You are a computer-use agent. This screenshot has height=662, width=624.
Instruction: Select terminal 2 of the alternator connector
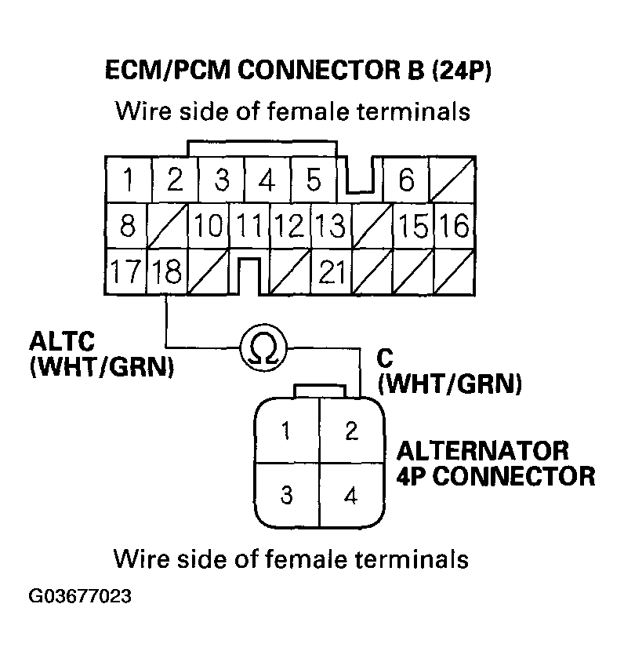pos(351,431)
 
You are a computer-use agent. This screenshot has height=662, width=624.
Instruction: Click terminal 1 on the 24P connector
pos(128,181)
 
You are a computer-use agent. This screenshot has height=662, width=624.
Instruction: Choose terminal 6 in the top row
pos(405,181)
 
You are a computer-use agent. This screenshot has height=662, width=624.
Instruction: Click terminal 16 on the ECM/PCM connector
pos(455,227)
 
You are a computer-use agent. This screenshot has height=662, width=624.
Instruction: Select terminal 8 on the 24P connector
pos(128,227)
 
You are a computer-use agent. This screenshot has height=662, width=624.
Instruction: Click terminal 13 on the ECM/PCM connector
pos(330,227)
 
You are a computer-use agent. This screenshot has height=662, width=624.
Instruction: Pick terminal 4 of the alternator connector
pos(351,496)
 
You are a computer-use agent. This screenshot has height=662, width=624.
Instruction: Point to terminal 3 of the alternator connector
pos(288,496)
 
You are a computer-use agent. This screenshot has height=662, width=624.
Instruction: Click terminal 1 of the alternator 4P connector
pos(288,431)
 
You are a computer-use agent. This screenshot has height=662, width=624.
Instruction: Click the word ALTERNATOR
pos(481,452)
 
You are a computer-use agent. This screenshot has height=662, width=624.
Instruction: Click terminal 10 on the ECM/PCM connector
pos(209,227)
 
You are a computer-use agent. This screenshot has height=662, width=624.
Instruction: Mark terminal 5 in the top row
pos(314,181)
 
